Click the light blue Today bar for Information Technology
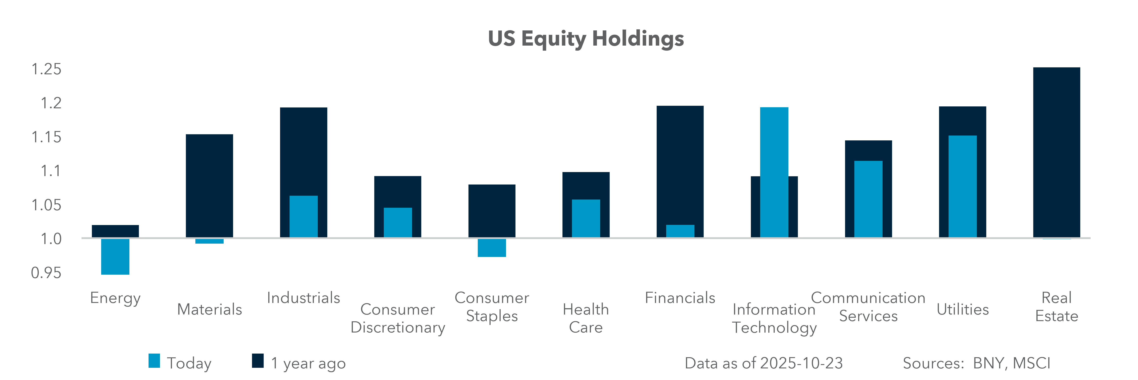[774, 172]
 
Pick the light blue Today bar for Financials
[680, 231]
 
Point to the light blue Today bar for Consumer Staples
[492, 248]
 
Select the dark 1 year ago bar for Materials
[209, 186]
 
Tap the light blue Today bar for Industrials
[303, 217]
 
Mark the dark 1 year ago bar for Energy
[115, 231]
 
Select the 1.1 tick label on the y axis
[51, 171]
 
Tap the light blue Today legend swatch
[154, 361]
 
